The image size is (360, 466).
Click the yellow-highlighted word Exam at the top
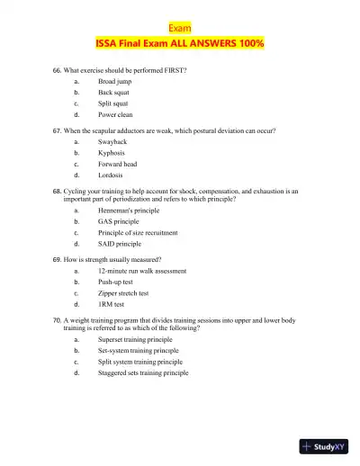180,28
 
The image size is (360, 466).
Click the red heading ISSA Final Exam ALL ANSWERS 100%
180,43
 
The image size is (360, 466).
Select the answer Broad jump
115,81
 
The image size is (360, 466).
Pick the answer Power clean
116,115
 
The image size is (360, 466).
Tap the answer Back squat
115,93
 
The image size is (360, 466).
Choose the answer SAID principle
120,244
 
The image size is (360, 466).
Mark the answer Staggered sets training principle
144,372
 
